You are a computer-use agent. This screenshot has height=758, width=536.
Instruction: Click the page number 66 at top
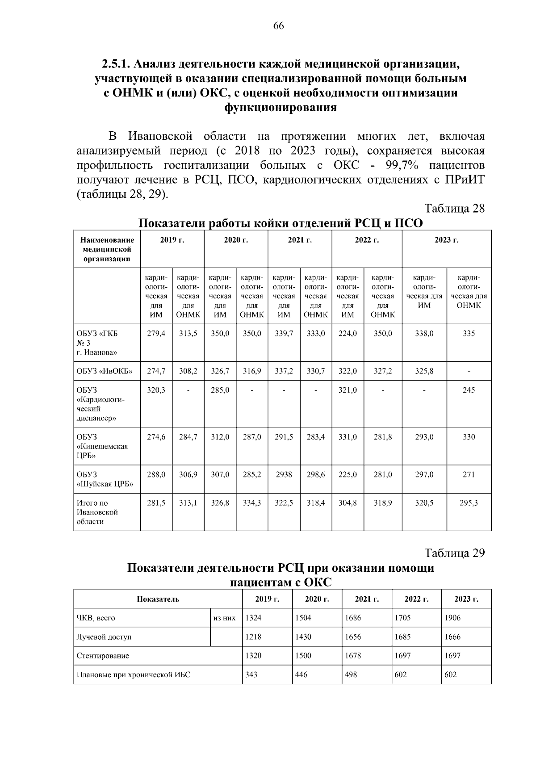tap(278, 26)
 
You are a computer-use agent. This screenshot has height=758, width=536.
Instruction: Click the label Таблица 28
tap(454, 209)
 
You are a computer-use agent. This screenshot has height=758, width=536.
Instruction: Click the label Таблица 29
tap(454, 553)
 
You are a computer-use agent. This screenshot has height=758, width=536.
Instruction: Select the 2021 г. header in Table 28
tap(300, 240)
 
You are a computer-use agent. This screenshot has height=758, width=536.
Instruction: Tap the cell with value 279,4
tap(156, 334)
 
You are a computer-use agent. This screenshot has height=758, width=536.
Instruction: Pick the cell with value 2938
tap(284, 475)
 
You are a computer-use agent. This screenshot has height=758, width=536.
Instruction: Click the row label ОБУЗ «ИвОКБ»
tap(105, 371)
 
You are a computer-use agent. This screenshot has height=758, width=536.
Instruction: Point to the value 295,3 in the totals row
tap(469, 503)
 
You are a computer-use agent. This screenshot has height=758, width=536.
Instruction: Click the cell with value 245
tap(469, 390)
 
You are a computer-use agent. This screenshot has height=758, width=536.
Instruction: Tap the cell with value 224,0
tap(348, 334)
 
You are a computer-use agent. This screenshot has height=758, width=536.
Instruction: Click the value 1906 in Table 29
tap(452, 618)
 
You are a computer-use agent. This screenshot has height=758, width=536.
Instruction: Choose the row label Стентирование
tap(103, 656)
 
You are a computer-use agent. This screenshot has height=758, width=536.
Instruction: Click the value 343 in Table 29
tap(251, 674)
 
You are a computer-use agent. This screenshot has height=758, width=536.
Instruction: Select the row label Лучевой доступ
tap(104, 637)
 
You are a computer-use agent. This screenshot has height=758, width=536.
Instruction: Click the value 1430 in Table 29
tap(303, 637)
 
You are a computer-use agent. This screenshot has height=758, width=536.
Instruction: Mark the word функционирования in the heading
tap(280, 108)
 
